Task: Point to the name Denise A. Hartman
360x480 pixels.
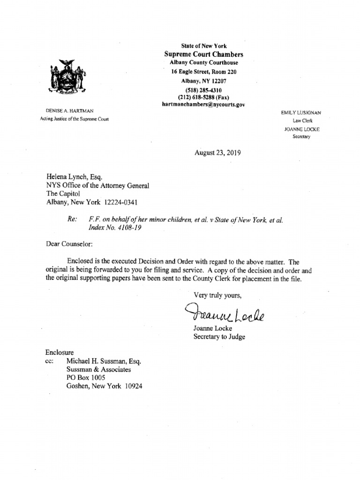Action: pos(70,111)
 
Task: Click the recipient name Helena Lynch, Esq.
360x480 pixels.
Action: pos(73,177)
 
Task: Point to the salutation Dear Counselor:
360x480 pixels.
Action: pos(69,244)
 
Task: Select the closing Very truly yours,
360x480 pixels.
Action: pos(217,295)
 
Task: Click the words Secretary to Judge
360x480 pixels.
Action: pos(219,336)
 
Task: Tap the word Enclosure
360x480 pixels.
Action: pos(60,352)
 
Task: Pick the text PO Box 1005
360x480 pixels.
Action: pos(86,378)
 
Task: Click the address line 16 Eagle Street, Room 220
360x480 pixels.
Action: pos(203,72)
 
